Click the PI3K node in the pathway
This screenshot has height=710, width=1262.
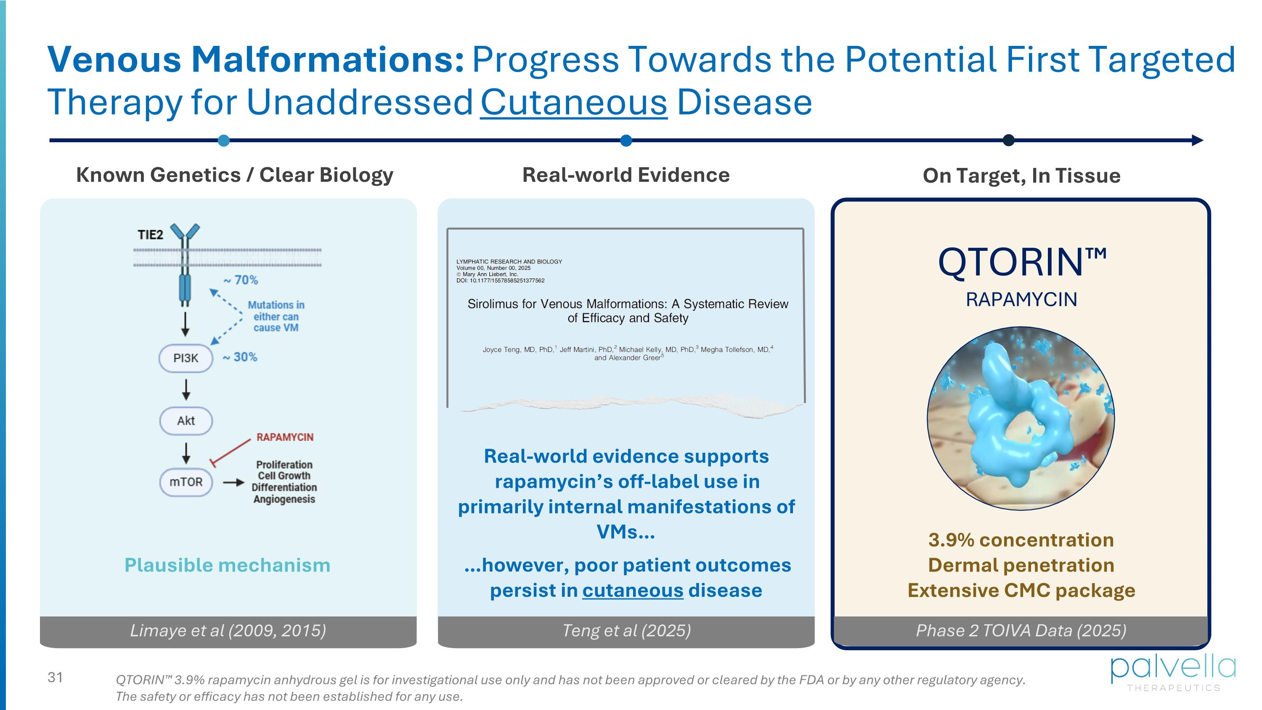pos(186,358)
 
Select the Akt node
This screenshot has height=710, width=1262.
pos(186,420)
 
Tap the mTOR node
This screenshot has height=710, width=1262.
pos(186,482)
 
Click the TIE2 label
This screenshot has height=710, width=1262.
pos(150,235)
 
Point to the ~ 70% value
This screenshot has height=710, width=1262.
pos(241,280)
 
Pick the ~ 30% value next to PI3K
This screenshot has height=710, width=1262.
pos(240,357)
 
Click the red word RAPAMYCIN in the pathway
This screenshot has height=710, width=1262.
pos(285,437)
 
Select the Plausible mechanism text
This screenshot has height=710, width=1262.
pos(227,565)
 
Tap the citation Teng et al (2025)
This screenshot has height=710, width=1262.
pos(626,630)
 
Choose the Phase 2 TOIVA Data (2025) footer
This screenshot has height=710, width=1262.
pos(1021,630)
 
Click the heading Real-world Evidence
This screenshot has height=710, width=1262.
pos(626,175)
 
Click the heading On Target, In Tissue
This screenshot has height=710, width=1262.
pos(1021,176)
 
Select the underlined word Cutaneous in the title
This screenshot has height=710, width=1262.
pos(574,102)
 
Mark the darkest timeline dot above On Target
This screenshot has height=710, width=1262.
pos(1008,140)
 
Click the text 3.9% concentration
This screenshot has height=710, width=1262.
pos(1021,540)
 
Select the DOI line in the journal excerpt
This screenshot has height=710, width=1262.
pos(500,280)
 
